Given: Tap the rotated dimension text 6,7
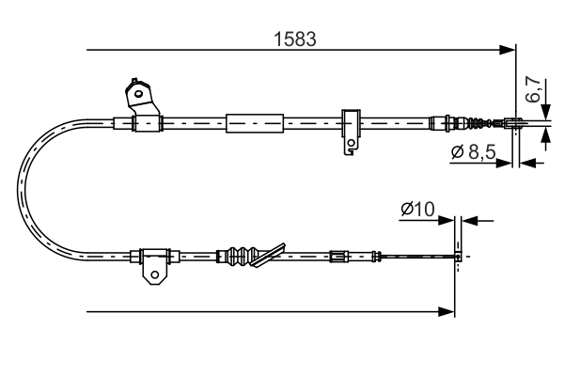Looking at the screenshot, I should click(x=532, y=90).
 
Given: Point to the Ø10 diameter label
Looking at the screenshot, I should click(x=415, y=210).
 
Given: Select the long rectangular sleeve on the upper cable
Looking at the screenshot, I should click(x=255, y=122).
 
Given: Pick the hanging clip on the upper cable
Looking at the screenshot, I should click(x=350, y=132).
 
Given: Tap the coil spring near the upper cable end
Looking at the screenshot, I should click(x=480, y=122).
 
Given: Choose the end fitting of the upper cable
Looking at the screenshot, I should click(x=514, y=121).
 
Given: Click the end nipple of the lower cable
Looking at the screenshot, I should click(x=457, y=255).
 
